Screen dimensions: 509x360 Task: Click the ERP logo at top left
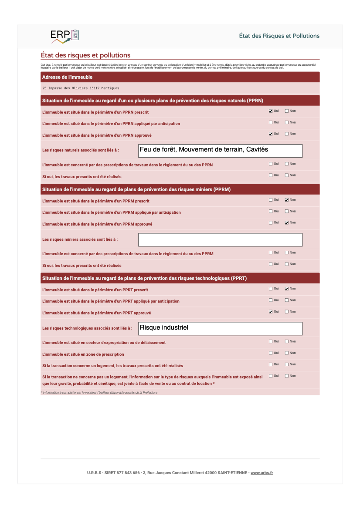click(x=65, y=36)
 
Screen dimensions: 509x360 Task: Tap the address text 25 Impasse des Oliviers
click(x=80, y=88)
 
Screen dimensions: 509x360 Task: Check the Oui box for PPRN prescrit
click(x=271, y=111)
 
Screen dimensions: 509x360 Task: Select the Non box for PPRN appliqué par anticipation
click(x=287, y=123)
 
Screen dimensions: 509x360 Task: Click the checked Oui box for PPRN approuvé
click(x=271, y=134)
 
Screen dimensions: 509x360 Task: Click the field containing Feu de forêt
click(x=220, y=151)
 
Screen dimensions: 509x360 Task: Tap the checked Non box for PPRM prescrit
click(x=287, y=200)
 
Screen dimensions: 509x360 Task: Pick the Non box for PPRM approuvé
click(x=287, y=223)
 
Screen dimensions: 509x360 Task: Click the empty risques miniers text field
click(x=220, y=239)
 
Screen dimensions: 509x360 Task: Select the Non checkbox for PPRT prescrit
click(x=287, y=289)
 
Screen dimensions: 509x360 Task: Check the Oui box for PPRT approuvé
click(x=271, y=312)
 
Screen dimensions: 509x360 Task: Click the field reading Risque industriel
click(x=220, y=328)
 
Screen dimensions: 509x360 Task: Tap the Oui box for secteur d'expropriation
click(x=271, y=342)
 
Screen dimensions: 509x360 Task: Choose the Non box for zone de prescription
click(x=287, y=353)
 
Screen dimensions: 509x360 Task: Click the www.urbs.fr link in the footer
click(x=262, y=473)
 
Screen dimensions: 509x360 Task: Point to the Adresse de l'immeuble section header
click(x=67, y=77)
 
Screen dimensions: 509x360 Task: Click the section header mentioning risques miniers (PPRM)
click(x=136, y=189)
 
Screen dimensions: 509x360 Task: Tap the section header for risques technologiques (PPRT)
click(x=144, y=278)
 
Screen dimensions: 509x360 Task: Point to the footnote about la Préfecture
click(x=99, y=392)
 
